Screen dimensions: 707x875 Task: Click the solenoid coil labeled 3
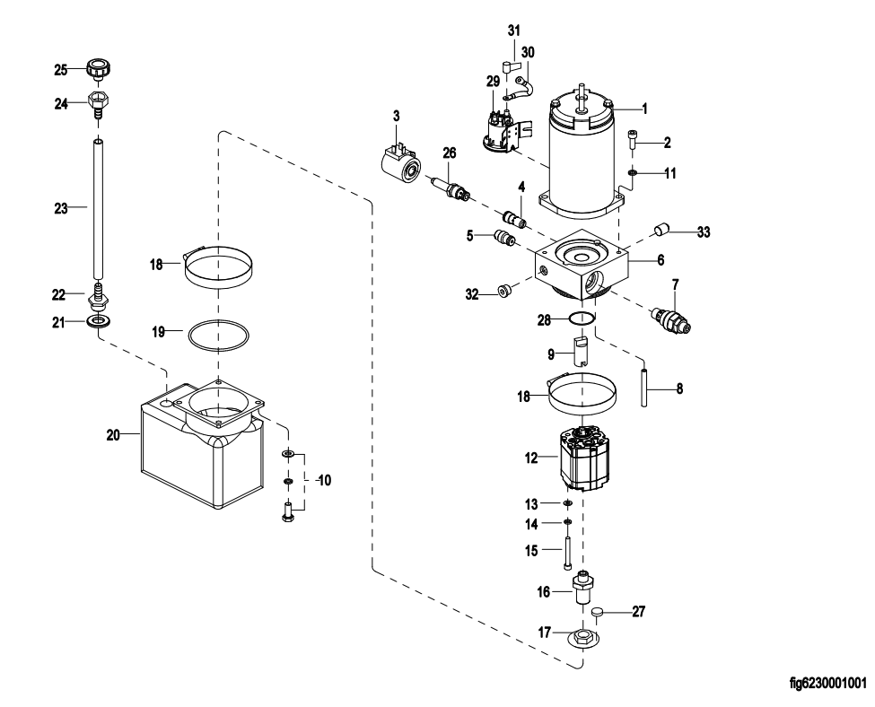pyautogui.click(x=396, y=167)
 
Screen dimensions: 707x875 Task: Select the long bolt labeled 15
pyautogui.click(x=568, y=551)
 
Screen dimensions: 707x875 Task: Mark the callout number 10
pyautogui.click(x=322, y=481)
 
